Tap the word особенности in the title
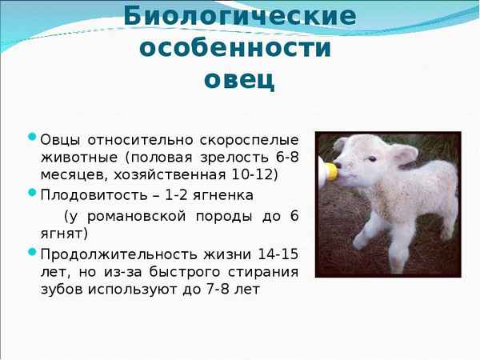[x=235, y=47]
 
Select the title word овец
[x=239, y=80]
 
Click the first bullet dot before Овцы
[x=32, y=136]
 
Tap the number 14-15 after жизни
[x=277, y=254]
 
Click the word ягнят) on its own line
[x=64, y=234]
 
